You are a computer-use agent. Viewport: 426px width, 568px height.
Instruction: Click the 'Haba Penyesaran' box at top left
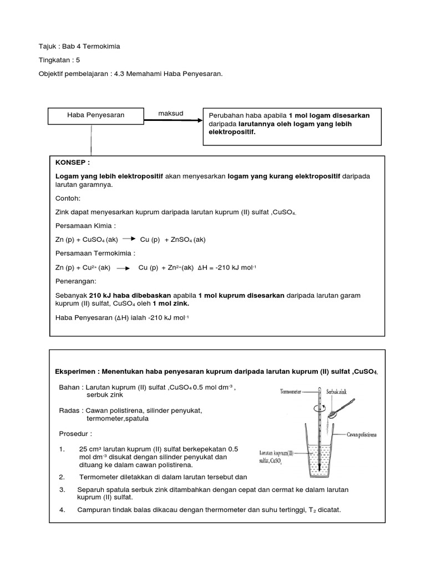click(95, 115)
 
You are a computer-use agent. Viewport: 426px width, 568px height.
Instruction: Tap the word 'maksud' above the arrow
click(171, 114)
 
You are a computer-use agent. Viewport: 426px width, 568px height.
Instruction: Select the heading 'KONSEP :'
click(73, 164)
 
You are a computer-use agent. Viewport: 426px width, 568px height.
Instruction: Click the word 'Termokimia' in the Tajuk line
click(102, 46)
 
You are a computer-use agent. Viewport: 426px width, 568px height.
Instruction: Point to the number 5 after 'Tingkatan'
click(85, 59)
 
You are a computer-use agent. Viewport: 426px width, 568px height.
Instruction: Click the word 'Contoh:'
click(68, 197)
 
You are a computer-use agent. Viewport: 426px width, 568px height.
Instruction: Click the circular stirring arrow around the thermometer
click(316, 406)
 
